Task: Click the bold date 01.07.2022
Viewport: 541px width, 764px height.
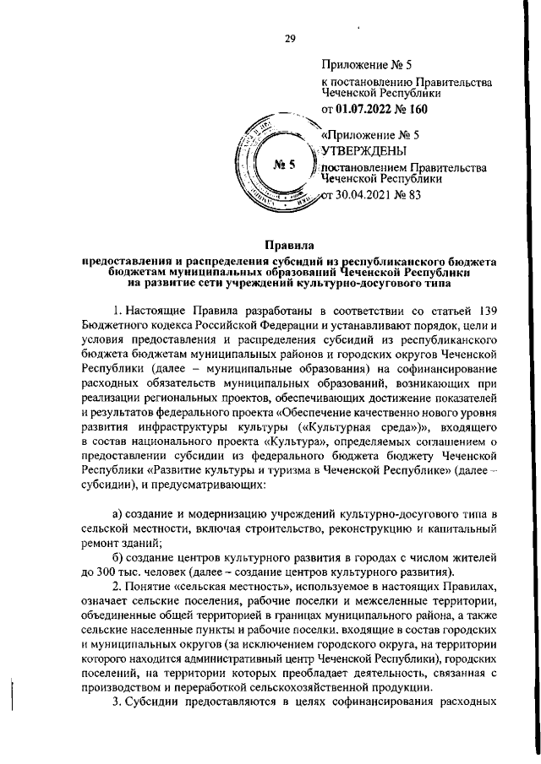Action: [366, 109]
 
